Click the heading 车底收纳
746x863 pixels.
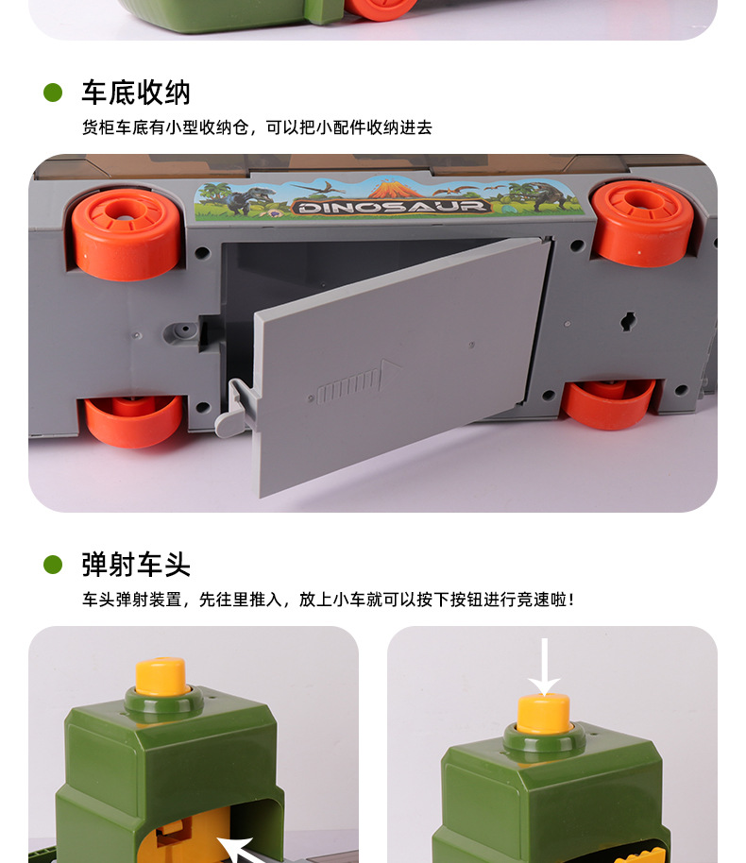[x=135, y=93]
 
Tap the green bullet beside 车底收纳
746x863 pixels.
[x=53, y=93]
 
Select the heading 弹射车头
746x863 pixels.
[x=135, y=565]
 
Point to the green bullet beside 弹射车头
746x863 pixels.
[x=53, y=565]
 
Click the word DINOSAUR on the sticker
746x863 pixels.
[x=390, y=206]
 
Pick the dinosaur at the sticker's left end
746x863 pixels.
[x=247, y=198]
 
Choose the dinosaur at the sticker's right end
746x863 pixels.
[x=541, y=196]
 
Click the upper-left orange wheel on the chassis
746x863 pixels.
[x=127, y=232]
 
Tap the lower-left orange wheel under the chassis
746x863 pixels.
[x=134, y=419]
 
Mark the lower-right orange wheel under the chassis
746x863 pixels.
[x=610, y=402]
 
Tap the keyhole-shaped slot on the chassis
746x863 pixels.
[x=628, y=322]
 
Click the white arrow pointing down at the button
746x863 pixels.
[x=544, y=667]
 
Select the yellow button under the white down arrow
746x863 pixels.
[x=544, y=713]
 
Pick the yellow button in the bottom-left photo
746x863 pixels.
[x=160, y=676]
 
